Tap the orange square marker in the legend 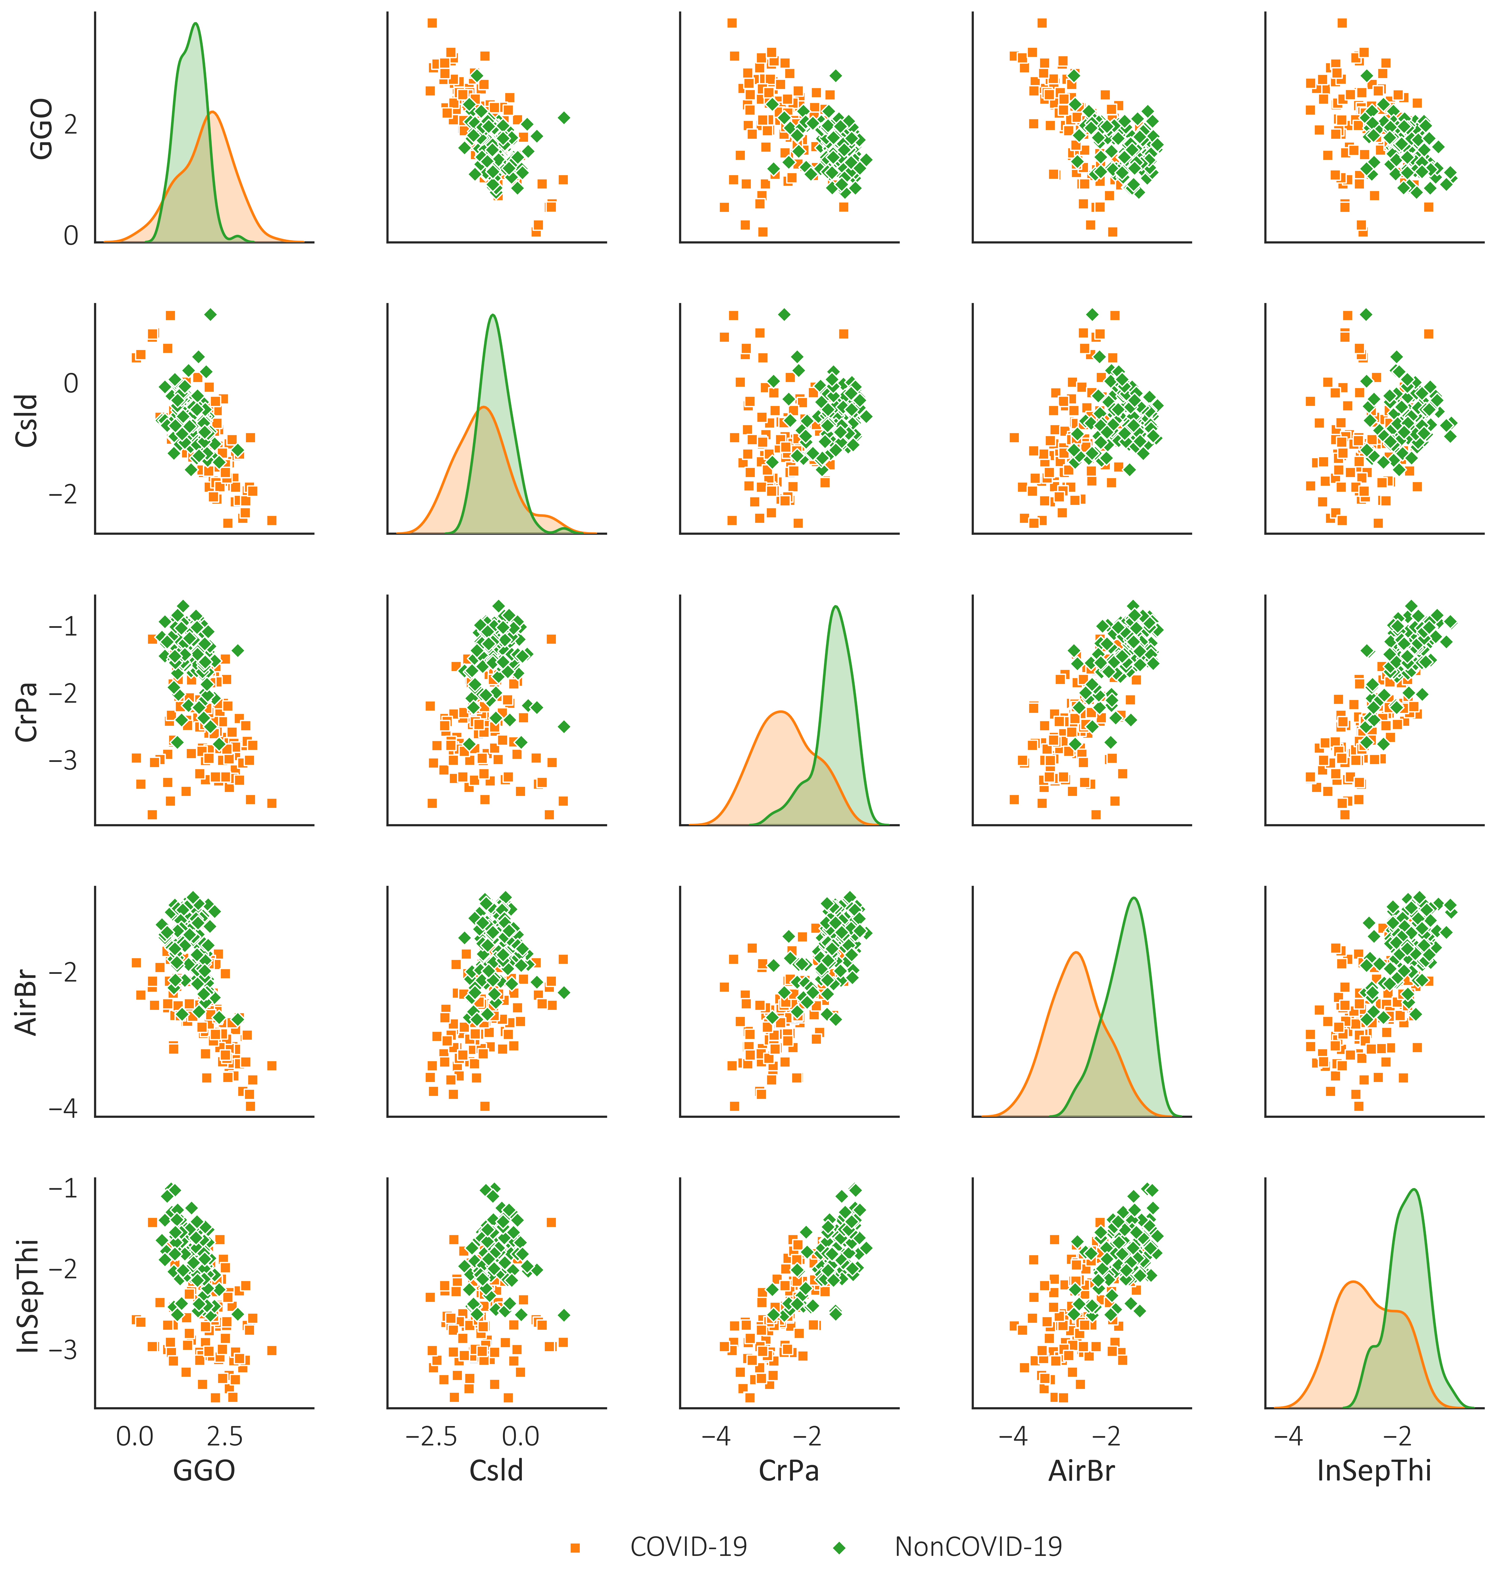[x=575, y=1548]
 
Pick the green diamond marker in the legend [x=839, y=1548]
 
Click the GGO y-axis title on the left [x=40, y=129]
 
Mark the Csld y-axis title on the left [x=28, y=420]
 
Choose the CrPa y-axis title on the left [x=28, y=712]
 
